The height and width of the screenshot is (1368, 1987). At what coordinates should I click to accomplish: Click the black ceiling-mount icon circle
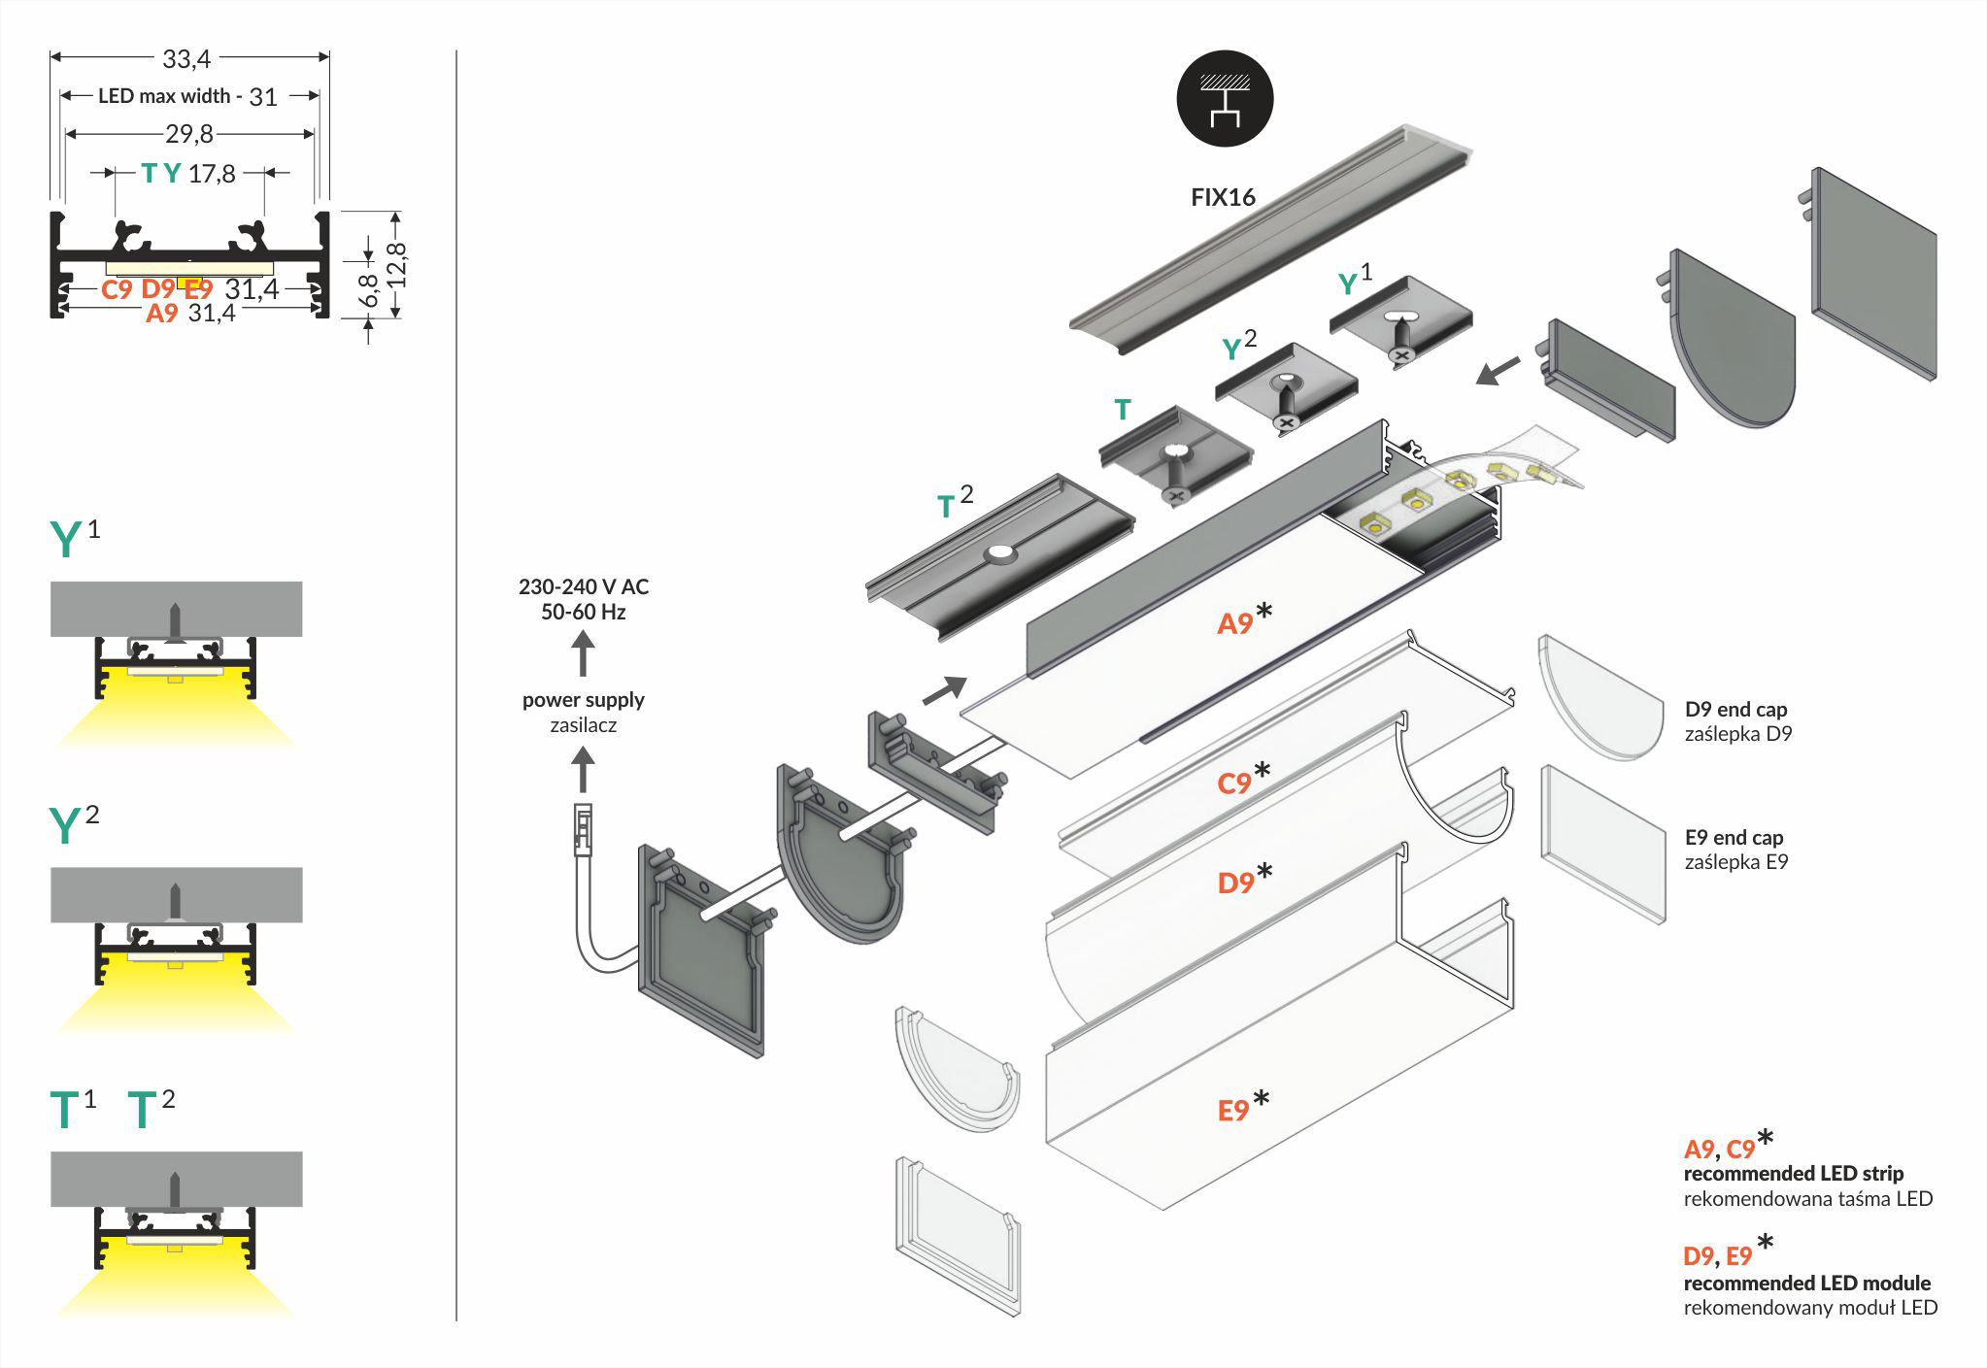[1224, 99]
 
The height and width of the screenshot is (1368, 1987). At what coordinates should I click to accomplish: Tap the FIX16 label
[1223, 197]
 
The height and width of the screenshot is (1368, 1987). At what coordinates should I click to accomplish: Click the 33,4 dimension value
[186, 59]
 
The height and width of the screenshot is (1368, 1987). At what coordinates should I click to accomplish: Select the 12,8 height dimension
[396, 264]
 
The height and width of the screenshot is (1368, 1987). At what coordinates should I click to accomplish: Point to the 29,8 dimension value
[188, 134]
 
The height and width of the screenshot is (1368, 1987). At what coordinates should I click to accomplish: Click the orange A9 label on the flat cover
[1235, 623]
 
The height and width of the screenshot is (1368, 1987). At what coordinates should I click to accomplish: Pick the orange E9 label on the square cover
[1233, 1111]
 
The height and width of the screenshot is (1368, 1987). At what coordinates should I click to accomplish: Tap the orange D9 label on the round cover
[1235, 883]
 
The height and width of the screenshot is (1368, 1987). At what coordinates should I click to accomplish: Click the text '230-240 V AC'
[583, 586]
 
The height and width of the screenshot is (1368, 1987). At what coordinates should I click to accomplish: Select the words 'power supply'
[583, 699]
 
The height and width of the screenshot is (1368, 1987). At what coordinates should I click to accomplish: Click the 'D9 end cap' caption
[1735, 709]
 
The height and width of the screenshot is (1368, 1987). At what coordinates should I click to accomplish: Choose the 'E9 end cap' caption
[1734, 837]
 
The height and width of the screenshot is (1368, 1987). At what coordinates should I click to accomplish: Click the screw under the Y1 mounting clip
[1400, 354]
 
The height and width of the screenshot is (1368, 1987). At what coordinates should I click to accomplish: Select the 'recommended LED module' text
[1806, 1283]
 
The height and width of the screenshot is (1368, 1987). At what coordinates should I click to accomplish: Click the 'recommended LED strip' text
[1793, 1173]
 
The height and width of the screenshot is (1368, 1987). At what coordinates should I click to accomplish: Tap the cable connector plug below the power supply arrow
[583, 830]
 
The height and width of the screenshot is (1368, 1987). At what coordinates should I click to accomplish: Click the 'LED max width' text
[164, 96]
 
